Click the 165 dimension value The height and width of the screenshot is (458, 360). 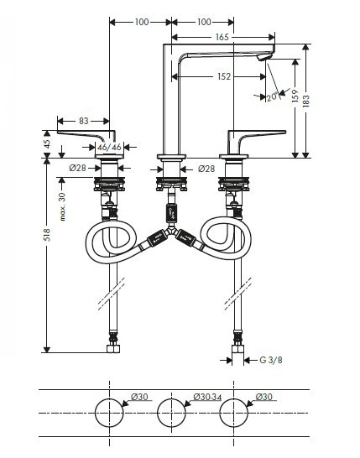coord(222,37)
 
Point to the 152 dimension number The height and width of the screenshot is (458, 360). coord(224,76)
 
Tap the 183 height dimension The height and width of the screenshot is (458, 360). coord(306,101)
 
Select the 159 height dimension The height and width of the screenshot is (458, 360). coord(295,96)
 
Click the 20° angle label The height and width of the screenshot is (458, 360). coord(273,96)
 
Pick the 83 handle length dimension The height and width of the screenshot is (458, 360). coord(84,121)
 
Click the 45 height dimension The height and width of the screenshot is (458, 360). coord(47,143)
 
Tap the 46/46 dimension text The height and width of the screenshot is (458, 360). coord(109,147)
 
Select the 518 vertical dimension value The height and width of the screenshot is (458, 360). coord(47,235)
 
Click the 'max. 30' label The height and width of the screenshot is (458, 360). coord(63,206)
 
